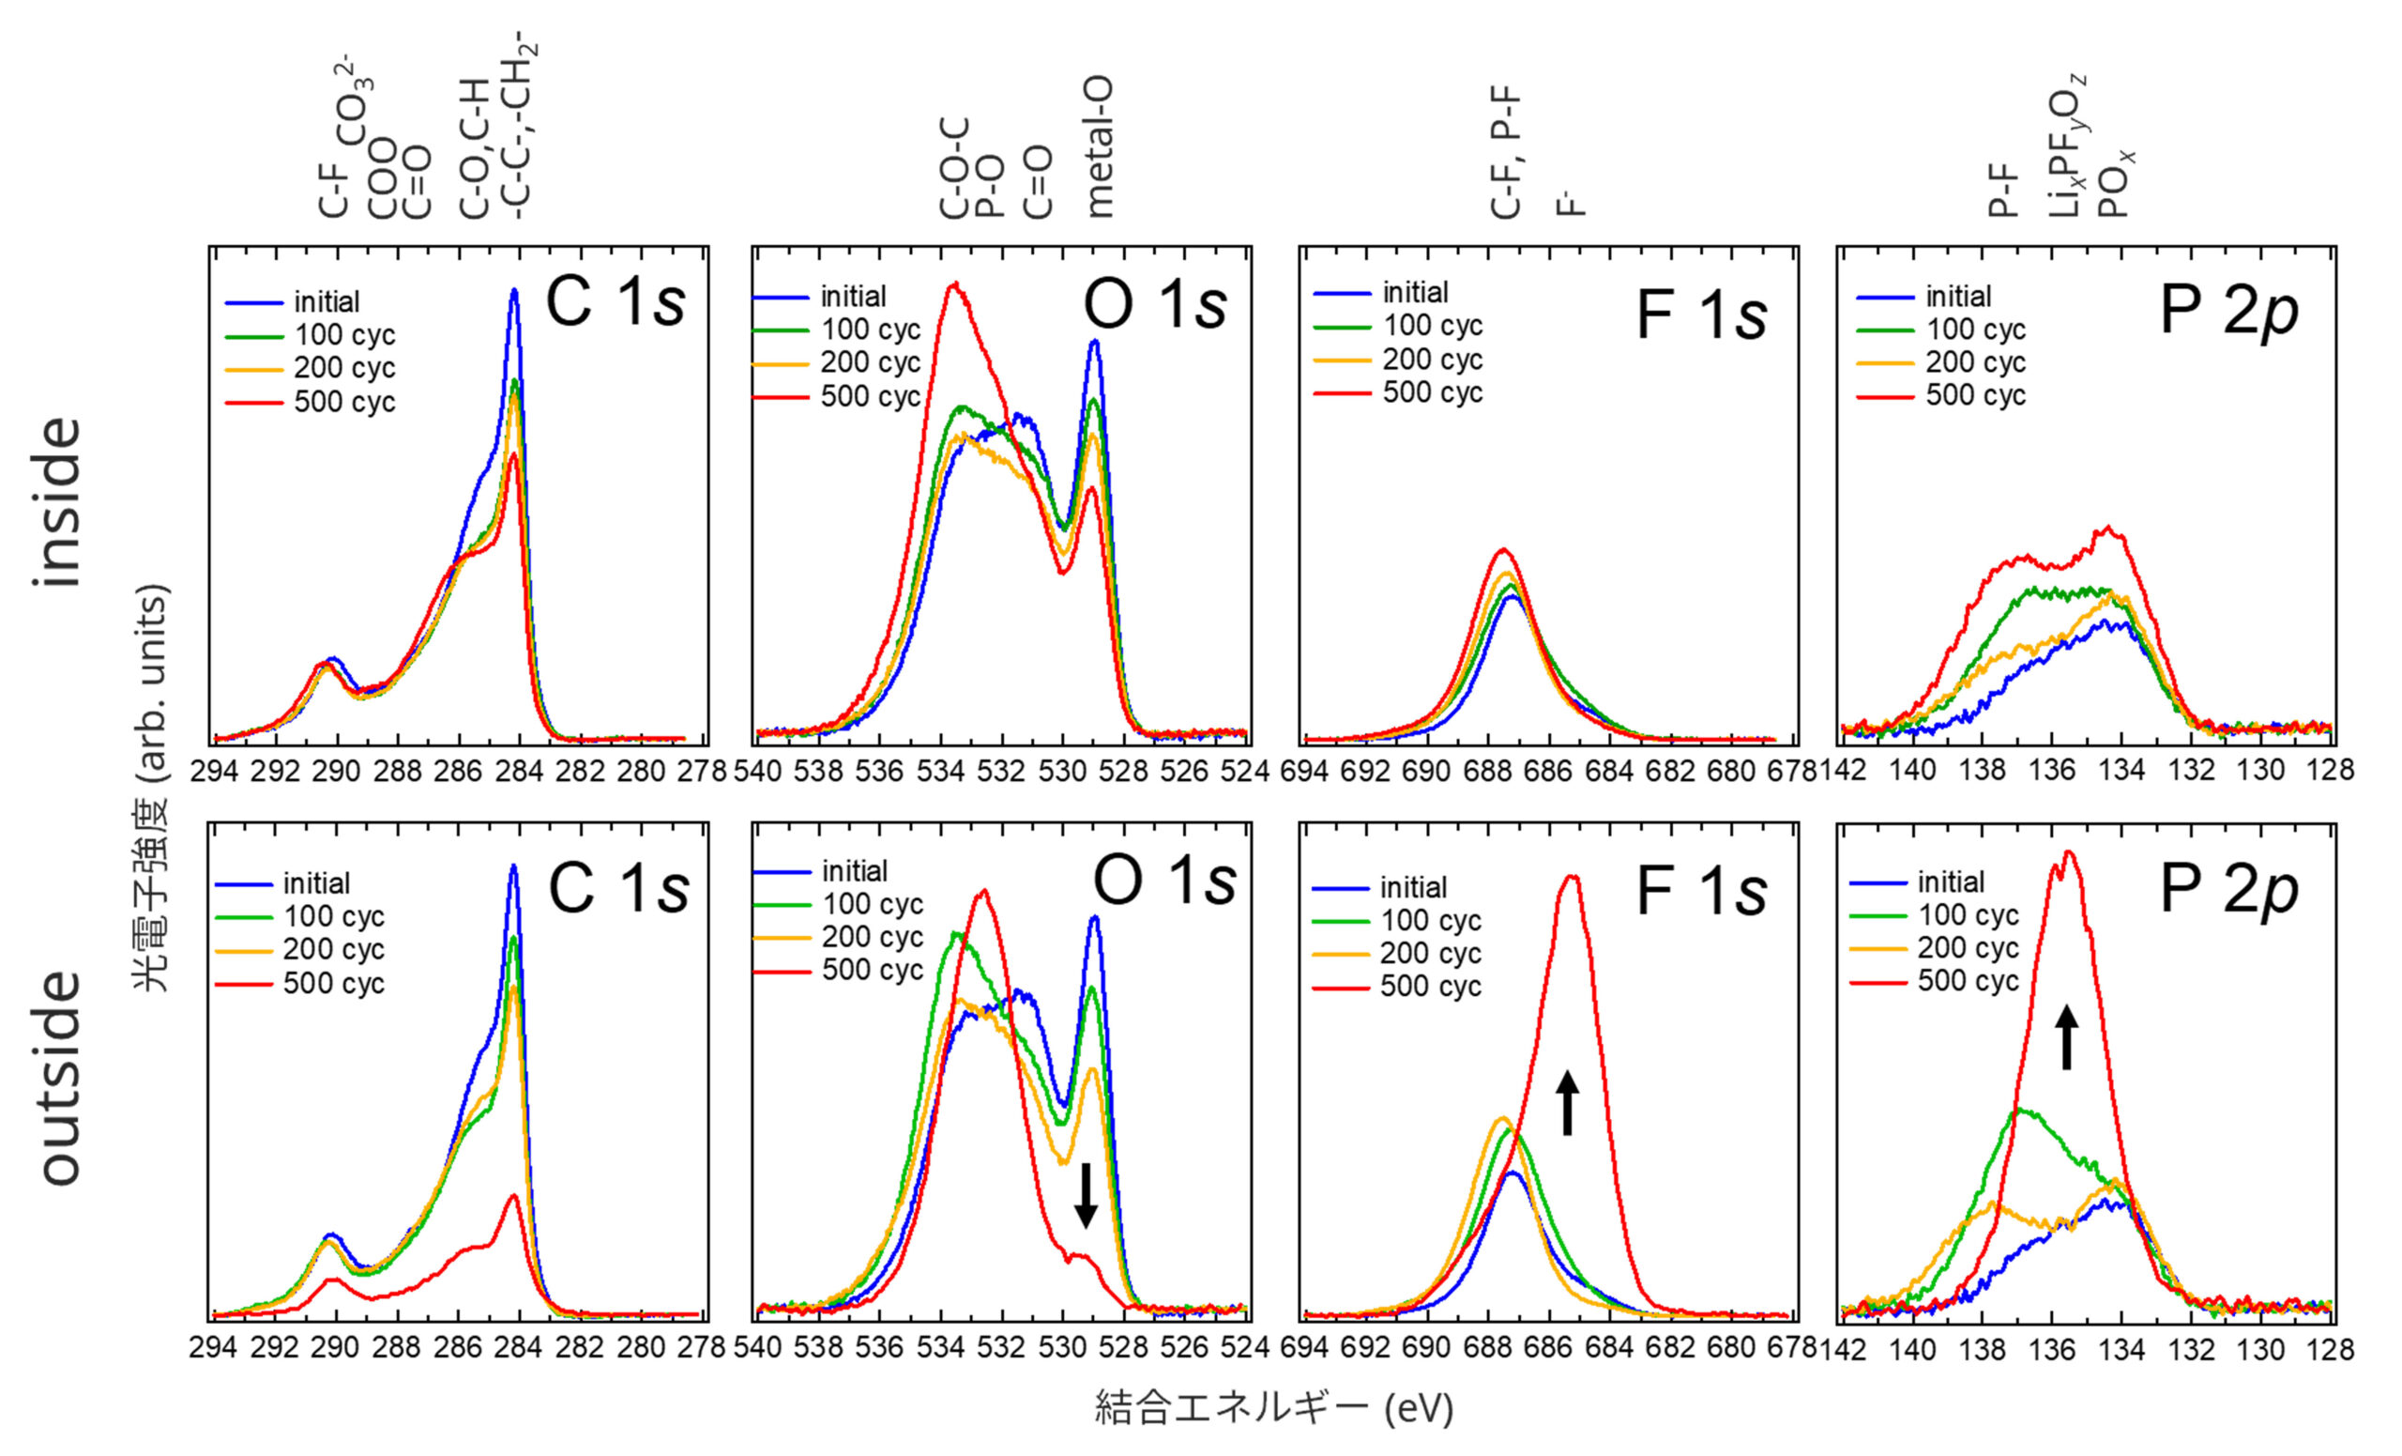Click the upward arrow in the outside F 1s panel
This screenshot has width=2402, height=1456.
point(1567,1102)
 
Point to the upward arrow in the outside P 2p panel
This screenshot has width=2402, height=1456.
point(2067,1037)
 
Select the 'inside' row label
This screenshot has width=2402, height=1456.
point(58,502)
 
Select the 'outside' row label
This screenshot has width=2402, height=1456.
point(60,1078)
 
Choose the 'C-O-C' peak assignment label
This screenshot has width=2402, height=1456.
point(954,168)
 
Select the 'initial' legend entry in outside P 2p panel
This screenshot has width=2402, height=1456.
point(1951,882)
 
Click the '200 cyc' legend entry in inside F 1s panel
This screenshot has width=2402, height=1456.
point(1432,360)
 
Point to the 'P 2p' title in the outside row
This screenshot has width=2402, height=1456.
point(2228,888)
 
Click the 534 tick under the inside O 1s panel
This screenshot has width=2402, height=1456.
point(941,772)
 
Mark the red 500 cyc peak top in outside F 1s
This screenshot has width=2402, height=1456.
point(1572,876)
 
